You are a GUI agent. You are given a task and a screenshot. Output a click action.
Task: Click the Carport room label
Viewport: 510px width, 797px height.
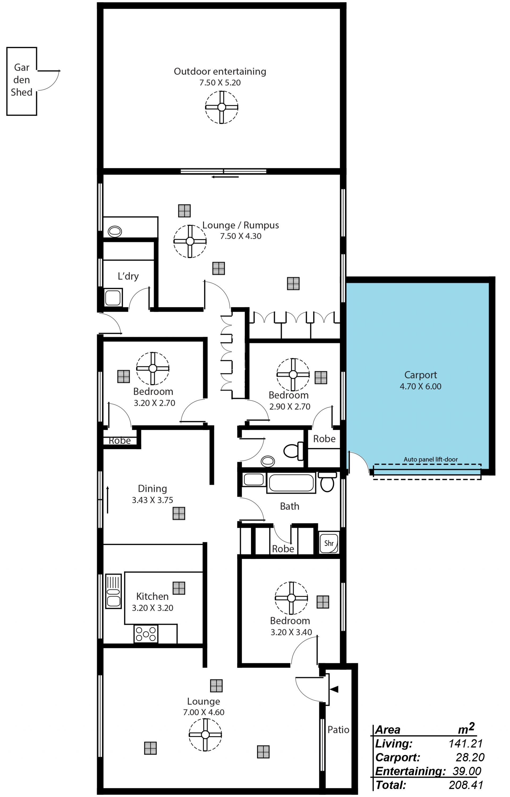pos(420,375)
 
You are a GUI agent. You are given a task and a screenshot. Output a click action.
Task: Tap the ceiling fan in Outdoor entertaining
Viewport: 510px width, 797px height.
pos(222,107)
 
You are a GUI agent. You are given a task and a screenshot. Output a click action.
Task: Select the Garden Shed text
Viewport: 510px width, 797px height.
pos(22,80)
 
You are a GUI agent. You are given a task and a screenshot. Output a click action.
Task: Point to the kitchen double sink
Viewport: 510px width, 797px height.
pos(113,591)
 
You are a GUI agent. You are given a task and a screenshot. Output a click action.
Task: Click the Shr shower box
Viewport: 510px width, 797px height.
pos(329,543)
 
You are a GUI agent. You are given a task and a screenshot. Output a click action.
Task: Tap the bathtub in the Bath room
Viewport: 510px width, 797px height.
pos(291,483)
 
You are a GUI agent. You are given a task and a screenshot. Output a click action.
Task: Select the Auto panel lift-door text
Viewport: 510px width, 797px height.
pos(431,459)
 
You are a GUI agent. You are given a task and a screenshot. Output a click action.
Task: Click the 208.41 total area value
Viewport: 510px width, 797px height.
pos(466,785)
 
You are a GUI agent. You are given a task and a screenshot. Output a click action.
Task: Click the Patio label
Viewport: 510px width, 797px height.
pos(338,730)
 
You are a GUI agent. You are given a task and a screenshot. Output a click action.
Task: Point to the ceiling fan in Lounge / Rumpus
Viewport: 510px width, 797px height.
pos(190,241)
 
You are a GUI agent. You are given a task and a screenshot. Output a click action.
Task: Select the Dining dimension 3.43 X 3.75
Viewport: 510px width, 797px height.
pos(152,500)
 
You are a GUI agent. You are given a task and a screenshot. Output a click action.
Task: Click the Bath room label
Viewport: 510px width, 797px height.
pos(290,506)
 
